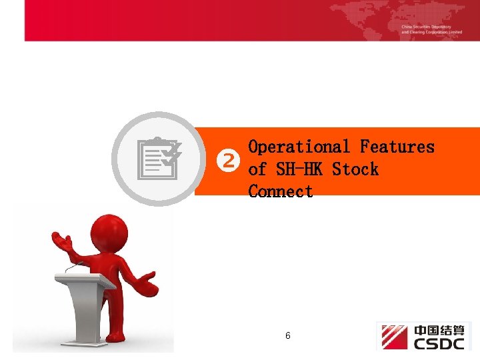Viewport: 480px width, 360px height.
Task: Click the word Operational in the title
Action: coord(299,147)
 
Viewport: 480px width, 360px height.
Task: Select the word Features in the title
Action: coord(397,147)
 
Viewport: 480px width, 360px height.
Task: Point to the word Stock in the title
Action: coord(355,169)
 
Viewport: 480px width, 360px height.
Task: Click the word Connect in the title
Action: coord(281,191)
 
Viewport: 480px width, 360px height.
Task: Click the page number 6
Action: coord(287,336)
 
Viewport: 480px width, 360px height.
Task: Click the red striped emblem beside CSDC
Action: coord(394,337)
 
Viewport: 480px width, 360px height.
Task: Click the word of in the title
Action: coord(257,169)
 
